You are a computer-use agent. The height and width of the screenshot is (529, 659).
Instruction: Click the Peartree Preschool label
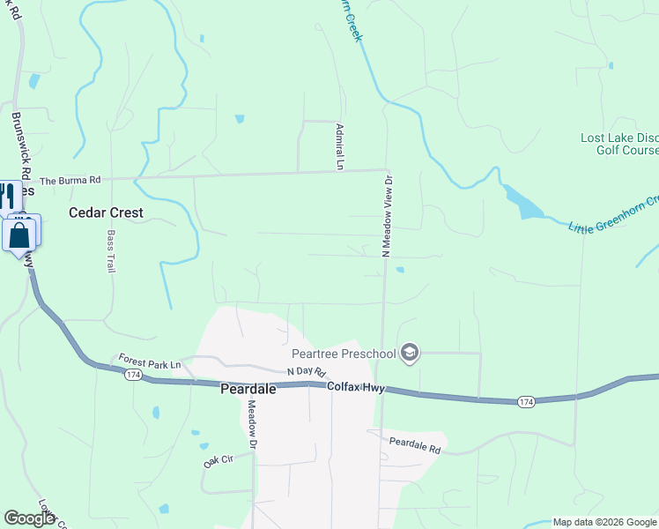(343, 354)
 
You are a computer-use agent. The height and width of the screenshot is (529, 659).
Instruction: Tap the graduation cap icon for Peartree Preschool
(409, 354)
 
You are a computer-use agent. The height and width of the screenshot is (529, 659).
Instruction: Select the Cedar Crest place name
(106, 212)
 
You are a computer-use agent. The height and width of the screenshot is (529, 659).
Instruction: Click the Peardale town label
(248, 389)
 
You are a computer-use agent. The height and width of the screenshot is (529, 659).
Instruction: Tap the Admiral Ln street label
(339, 145)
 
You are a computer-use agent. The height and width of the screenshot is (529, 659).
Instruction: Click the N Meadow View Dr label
(386, 216)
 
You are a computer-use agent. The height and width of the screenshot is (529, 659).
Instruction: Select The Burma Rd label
(70, 180)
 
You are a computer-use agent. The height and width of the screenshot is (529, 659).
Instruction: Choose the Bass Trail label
(111, 251)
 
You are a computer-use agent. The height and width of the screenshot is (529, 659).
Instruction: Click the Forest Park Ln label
(150, 364)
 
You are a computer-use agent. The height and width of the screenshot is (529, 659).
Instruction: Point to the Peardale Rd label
(415, 447)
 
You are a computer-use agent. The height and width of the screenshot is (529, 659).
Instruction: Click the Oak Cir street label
(217, 459)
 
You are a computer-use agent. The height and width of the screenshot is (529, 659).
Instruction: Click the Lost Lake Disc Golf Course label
(619, 144)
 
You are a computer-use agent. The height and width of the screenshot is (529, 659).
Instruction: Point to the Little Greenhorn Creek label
(614, 214)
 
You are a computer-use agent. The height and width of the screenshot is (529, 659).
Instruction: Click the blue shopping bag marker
(20, 235)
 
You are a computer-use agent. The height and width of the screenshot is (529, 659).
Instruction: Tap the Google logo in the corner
(29, 518)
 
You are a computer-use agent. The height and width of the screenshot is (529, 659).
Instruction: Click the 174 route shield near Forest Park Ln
(132, 376)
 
